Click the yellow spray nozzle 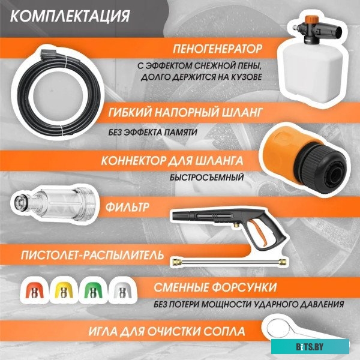click(64, 290)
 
